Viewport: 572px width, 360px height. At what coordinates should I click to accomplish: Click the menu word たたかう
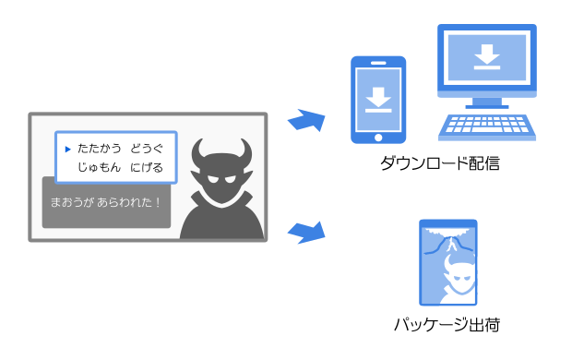pos(100,148)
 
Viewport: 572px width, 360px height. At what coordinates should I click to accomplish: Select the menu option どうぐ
pos(147,148)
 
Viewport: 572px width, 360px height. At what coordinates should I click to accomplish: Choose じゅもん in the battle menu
pos(100,167)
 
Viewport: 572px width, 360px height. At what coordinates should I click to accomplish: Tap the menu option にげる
pos(147,167)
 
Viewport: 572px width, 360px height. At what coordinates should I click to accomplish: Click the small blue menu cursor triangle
pos(66,148)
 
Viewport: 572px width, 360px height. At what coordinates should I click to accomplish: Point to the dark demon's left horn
pos(198,150)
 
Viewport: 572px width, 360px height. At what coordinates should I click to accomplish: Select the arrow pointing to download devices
pos(306,120)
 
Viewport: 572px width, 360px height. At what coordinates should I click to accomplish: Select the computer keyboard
pos(486,126)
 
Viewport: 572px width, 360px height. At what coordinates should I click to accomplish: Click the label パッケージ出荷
pos(447,324)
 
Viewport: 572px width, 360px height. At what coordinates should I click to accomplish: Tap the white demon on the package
pos(459,277)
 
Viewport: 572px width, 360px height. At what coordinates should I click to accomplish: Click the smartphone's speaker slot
pos(377,64)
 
